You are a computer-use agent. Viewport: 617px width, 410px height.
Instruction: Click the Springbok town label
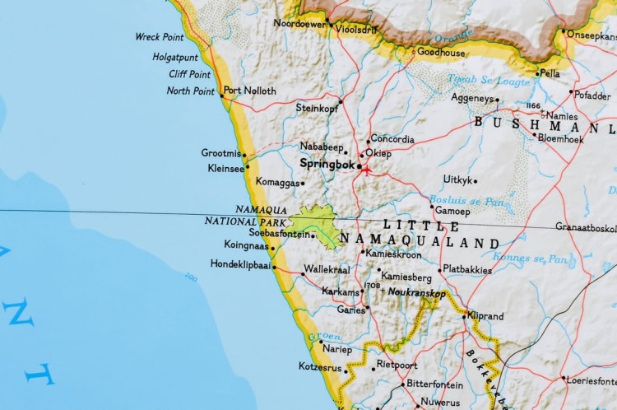[327, 164]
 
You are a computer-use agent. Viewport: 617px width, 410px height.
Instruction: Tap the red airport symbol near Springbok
[366, 170]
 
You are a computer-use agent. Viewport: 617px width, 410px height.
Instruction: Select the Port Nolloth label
[249, 91]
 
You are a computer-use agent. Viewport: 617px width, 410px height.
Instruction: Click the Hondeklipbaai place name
[240, 265]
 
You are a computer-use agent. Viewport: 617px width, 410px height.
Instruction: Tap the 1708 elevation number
[372, 286]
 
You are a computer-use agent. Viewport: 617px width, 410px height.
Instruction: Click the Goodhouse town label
[441, 53]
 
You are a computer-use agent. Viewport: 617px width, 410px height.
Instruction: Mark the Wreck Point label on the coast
[160, 37]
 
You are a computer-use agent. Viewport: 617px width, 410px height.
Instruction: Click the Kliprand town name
[485, 315]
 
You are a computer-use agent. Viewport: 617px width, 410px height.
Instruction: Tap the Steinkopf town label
[317, 107]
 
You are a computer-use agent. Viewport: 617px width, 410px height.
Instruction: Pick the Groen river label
[324, 337]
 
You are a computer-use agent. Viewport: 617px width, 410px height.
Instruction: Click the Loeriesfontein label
[591, 380]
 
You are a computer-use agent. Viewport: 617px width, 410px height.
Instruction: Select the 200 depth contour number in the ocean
[191, 278]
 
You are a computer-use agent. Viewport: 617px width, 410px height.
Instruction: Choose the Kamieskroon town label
[394, 254]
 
